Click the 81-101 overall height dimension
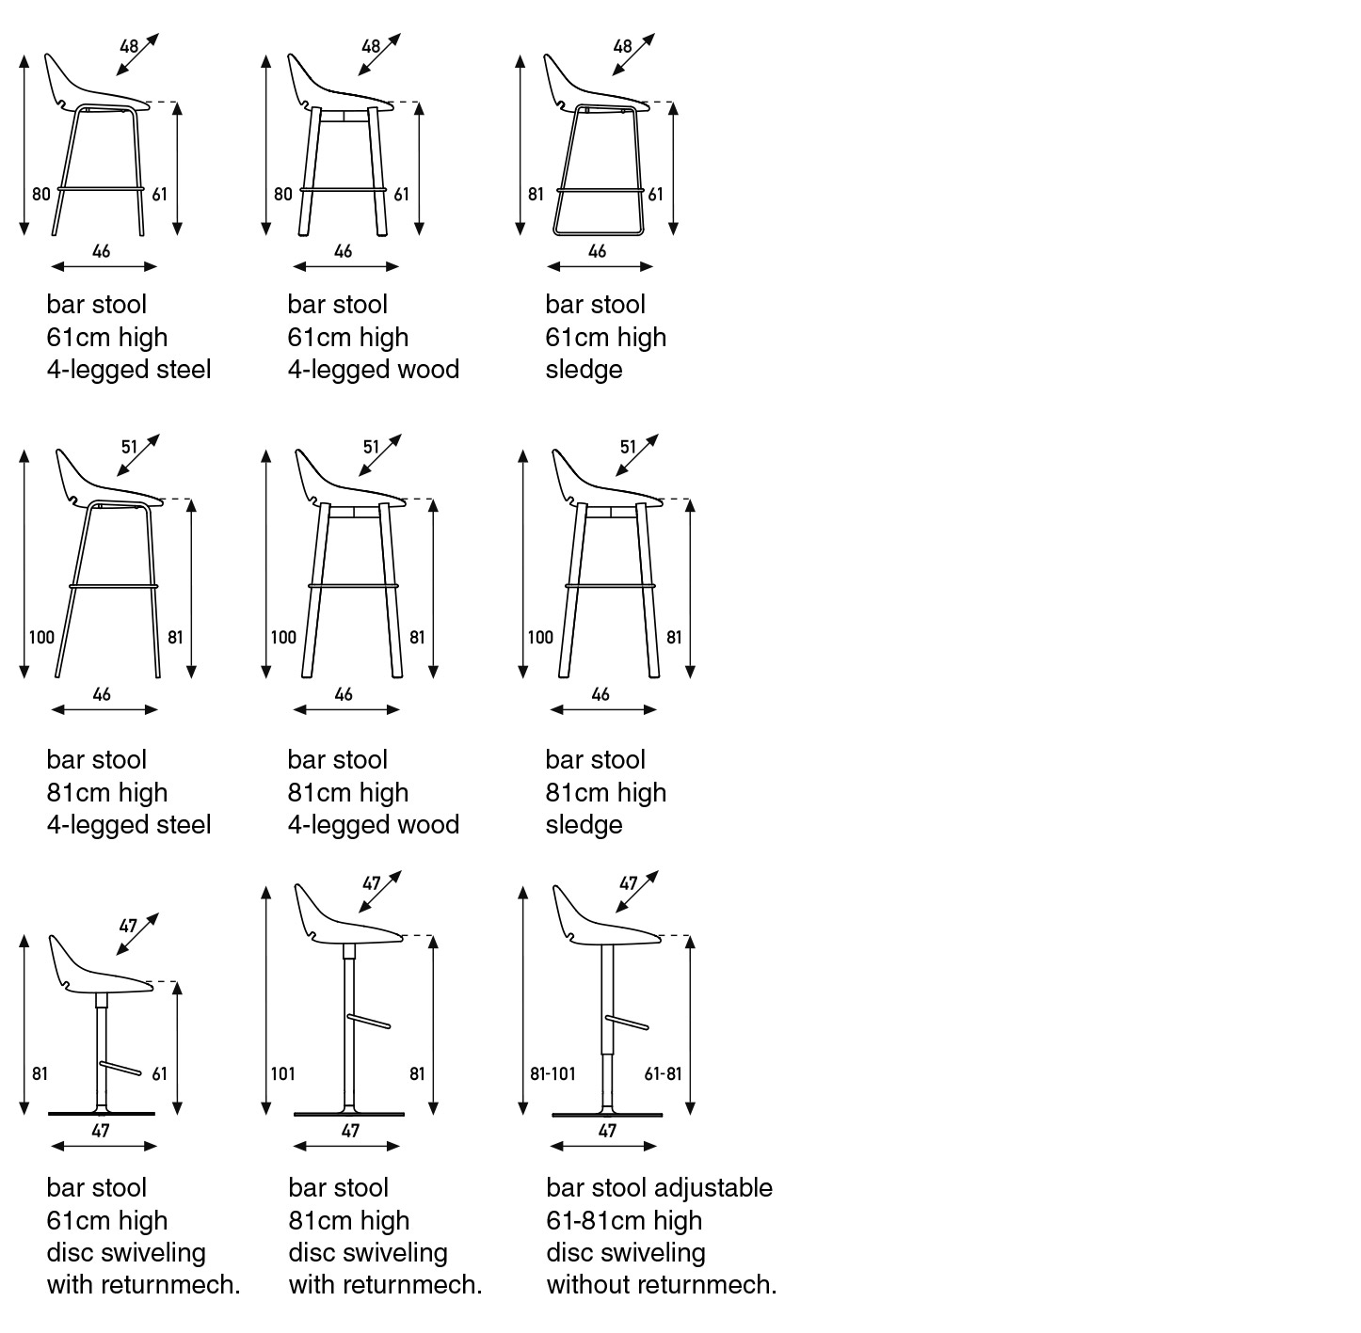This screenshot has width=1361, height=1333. (553, 1074)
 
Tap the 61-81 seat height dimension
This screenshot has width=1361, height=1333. (664, 1074)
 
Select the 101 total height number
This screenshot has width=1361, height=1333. (282, 1074)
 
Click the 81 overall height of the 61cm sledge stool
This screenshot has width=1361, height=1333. (536, 194)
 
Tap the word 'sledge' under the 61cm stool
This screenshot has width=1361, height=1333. (584, 371)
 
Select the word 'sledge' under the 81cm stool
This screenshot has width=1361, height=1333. (584, 826)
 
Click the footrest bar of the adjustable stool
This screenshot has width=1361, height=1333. (627, 1023)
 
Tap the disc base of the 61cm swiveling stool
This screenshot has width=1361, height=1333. (102, 1114)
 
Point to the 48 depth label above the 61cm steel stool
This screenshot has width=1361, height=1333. (129, 47)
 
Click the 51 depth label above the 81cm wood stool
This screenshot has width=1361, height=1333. (371, 447)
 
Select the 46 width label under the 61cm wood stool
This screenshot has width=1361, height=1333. (344, 251)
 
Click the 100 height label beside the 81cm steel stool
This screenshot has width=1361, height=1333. (41, 638)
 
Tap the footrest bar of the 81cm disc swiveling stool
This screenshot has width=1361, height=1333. (369, 1022)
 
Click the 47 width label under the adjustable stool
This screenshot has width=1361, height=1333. (607, 1131)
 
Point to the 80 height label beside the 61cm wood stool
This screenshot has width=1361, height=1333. (282, 194)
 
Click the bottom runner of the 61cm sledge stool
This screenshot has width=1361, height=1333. (599, 232)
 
